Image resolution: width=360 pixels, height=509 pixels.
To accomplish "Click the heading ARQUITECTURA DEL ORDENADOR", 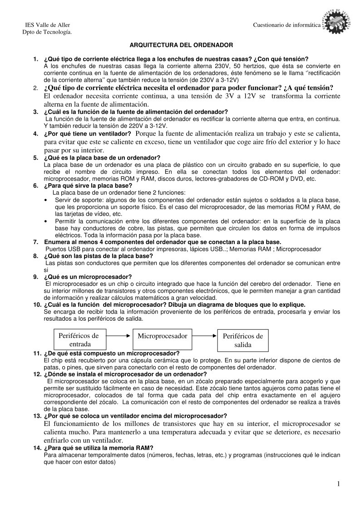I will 182,45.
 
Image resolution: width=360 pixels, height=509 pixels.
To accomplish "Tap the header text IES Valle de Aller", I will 47,24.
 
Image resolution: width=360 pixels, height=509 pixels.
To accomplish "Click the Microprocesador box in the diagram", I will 163,336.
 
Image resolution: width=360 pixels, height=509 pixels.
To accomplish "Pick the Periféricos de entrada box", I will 79,340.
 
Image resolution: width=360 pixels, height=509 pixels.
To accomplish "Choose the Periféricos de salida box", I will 242,340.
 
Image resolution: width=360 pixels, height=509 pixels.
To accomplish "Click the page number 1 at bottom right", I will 339,485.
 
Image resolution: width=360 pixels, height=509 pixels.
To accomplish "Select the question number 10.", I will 37,304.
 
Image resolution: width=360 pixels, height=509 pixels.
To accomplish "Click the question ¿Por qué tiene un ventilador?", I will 88,134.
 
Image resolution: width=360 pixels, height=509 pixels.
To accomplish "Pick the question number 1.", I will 35,59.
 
